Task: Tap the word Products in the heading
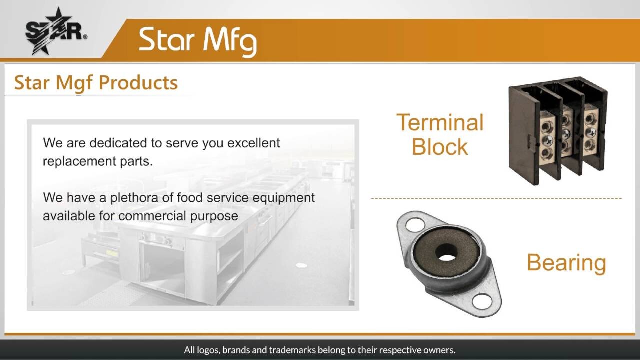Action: point(138,82)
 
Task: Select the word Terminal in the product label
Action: point(440,122)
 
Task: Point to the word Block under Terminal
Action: point(439,147)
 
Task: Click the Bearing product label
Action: point(566,263)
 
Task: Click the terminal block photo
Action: point(558,131)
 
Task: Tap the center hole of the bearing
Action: point(446,253)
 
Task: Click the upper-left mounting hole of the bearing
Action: point(415,224)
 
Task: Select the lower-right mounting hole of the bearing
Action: point(482,301)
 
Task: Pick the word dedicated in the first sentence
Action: point(118,143)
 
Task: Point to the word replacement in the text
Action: point(79,161)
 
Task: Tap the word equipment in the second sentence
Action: point(283,198)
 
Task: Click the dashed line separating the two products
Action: point(496,198)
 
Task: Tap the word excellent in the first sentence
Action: point(253,143)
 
